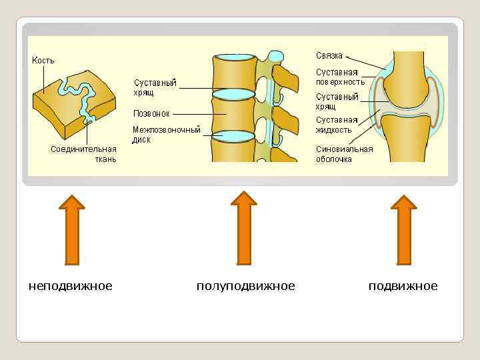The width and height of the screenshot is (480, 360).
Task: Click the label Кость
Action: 43,61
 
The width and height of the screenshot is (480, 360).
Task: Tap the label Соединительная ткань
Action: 83,154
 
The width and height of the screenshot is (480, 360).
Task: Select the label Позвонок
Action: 152,113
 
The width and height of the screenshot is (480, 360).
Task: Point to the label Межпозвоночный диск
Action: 166,135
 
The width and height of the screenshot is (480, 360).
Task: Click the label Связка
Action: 329,55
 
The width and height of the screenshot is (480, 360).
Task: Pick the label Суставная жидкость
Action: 337,125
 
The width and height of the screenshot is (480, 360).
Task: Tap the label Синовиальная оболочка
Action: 344,154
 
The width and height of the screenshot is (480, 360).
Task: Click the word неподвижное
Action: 70,286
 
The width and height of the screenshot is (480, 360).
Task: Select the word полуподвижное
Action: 245,286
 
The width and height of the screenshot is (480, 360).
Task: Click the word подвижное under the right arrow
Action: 403,286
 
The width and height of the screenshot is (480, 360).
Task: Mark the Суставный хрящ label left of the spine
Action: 155,87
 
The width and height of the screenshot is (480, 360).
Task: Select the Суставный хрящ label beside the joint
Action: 337,101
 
